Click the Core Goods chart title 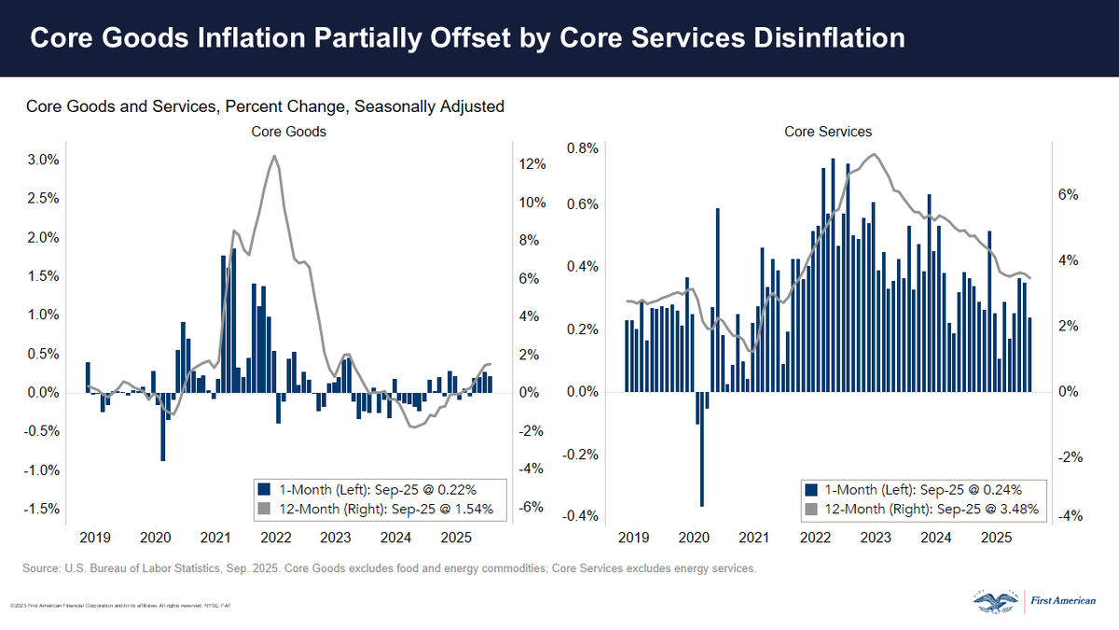pos(289,132)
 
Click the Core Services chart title pos(828,132)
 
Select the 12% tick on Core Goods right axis pos(532,164)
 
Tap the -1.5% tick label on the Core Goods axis pos(41,510)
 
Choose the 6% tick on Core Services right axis pos(1068,195)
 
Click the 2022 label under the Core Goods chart pos(276,539)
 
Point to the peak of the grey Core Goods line pos(274,156)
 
